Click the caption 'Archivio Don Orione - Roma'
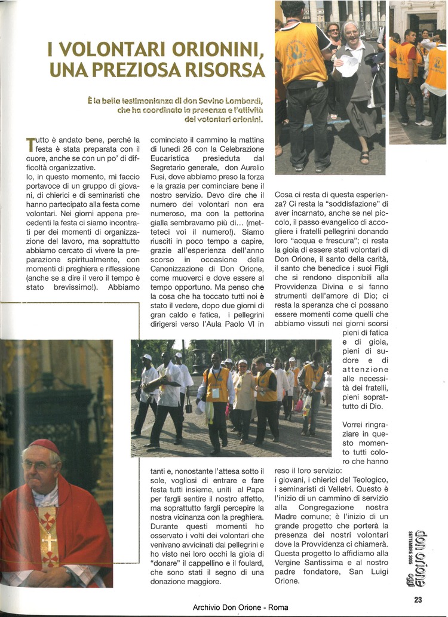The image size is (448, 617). coord(240,607)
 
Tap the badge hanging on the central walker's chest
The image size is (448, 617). coord(216,393)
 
